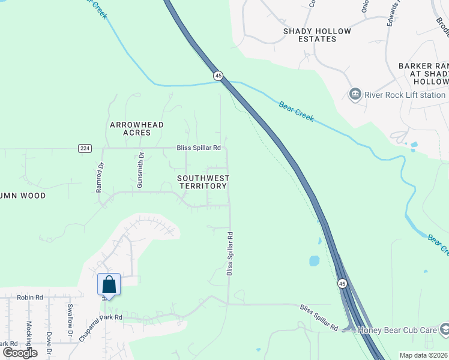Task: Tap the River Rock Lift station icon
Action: pyautogui.click(x=355, y=94)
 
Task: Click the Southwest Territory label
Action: pyautogui.click(x=203, y=182)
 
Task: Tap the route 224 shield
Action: pyautogui.click(x=85, y=148)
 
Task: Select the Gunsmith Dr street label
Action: pyautogui.click(x=140, y=171)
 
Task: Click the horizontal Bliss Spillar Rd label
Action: pyautogui.click(x=199, y=148)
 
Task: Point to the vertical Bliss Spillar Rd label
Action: pyautogui.click(x=229, y=254)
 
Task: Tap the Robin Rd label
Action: pyautogui.click(x=30, y=297)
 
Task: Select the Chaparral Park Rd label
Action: pyautogui.click(x=101, y=328)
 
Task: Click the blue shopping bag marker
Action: pyautogui.click(x=109, y=284)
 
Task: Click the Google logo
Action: pyautogui.click(x=20, y=353)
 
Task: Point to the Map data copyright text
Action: pyautogui.click(x=424, y=355)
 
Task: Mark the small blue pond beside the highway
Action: pyautogui.click(x=314, y=261)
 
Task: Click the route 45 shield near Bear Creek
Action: pyautogui.click(x=218, y=76)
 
